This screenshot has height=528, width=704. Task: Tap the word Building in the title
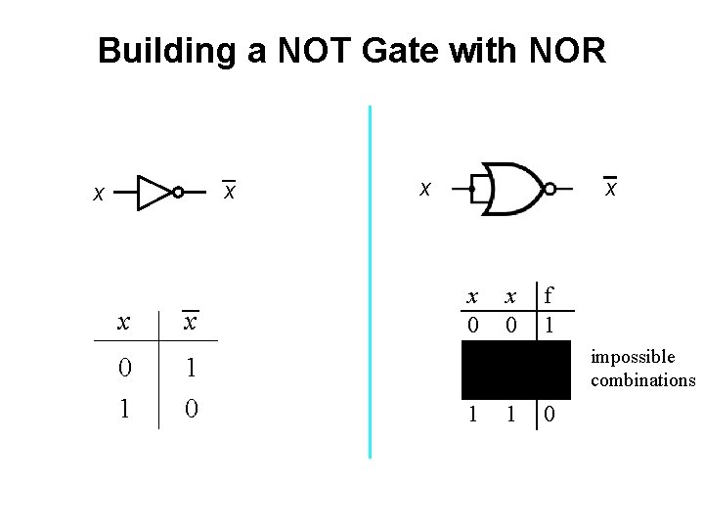point(165,50)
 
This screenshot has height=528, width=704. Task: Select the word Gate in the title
point(401,50)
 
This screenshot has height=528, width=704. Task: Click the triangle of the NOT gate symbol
point(153,193)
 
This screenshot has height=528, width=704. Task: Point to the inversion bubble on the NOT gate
point(178,193)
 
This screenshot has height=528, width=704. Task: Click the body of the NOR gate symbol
point(514,188)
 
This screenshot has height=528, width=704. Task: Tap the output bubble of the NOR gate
point(550,188)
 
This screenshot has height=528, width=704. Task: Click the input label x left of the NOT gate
point(97,195)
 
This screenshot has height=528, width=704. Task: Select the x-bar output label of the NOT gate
point(229,192)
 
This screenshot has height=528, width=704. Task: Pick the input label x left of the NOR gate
point(424,188)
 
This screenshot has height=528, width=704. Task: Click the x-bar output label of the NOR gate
point(610,187)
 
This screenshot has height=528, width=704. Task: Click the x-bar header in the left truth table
point(191,322)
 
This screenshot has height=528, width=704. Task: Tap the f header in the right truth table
point(550,295)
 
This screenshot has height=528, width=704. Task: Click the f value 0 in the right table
point(550,415)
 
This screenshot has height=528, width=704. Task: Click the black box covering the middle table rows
point(515,369)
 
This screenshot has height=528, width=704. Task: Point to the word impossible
point(633,358)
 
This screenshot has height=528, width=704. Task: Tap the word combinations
point(642,380)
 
